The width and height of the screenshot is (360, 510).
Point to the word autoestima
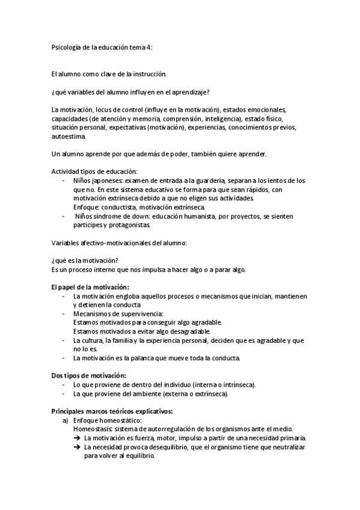point(67,137)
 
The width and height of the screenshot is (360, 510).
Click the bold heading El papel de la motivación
point(90,287)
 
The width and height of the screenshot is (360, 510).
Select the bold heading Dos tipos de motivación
point(88,375)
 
